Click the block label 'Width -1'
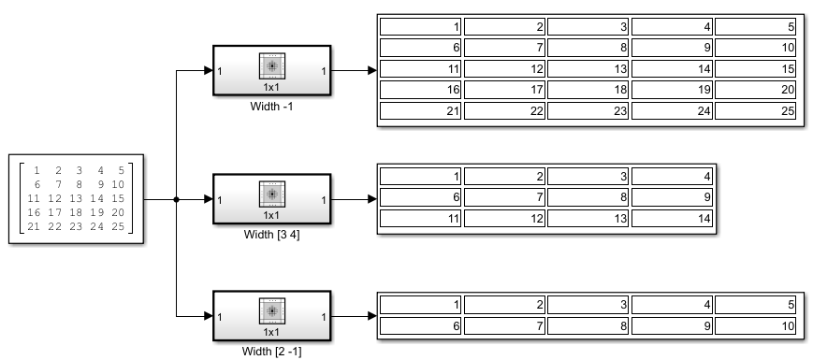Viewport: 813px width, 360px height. point(271,106)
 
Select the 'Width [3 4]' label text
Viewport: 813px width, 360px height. point(271,234)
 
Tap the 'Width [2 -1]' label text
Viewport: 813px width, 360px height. point(271,352)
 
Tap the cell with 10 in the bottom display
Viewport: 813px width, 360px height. point(756,326)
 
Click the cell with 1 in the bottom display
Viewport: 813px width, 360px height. point(421,305)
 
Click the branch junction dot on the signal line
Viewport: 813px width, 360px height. point(177,199)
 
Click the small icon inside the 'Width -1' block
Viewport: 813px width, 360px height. point(272,65)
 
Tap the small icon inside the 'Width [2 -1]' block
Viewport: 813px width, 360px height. point(272,311)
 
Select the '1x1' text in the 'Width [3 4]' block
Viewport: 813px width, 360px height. point(272,216)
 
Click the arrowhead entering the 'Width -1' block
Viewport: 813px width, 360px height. point(208,70)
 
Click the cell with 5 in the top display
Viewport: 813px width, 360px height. point(756,27)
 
